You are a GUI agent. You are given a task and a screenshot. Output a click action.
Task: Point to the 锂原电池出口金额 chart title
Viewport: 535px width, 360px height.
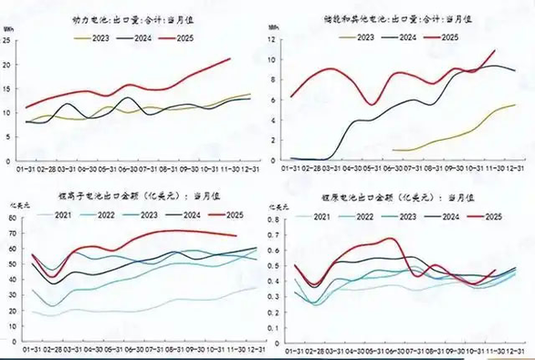click(396, 196)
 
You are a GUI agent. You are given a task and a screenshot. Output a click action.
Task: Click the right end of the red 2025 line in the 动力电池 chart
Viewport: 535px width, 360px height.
click(230, 58)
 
